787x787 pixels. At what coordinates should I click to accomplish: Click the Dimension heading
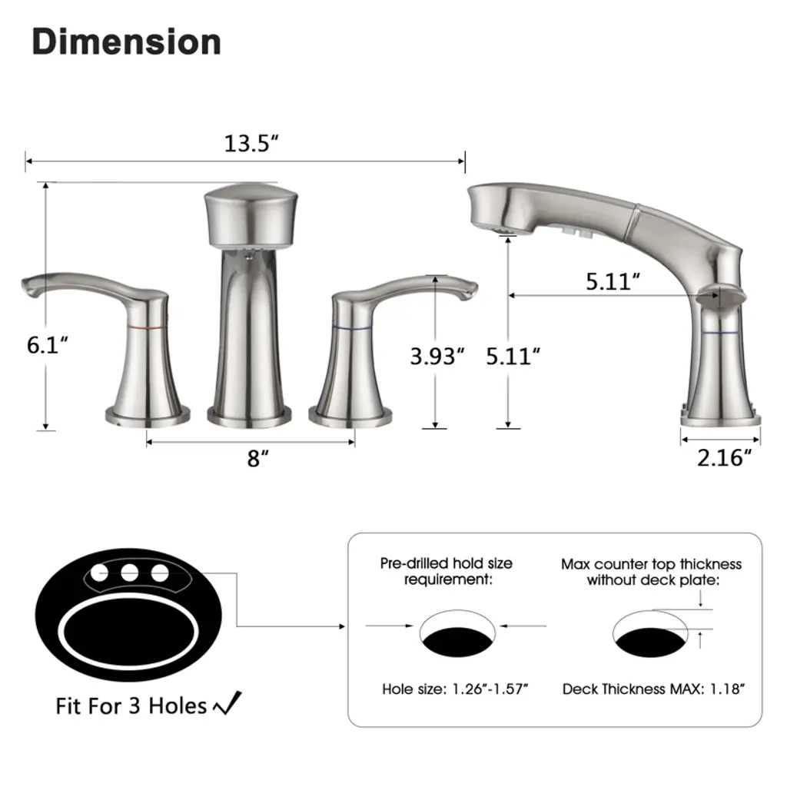127,42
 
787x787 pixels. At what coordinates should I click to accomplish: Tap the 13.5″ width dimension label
251,144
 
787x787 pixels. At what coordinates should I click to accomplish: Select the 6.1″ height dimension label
47,345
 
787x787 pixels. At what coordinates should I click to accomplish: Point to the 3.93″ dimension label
437,357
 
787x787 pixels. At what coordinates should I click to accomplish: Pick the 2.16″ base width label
724,458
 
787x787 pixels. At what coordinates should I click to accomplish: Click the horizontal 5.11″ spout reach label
613,281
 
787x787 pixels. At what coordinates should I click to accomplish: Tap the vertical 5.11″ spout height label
513,357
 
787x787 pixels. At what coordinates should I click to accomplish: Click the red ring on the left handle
147,327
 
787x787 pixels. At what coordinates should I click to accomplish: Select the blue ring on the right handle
352,329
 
